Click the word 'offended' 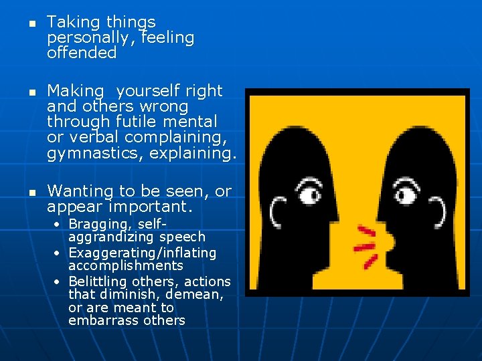82,53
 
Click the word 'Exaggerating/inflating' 143,253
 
